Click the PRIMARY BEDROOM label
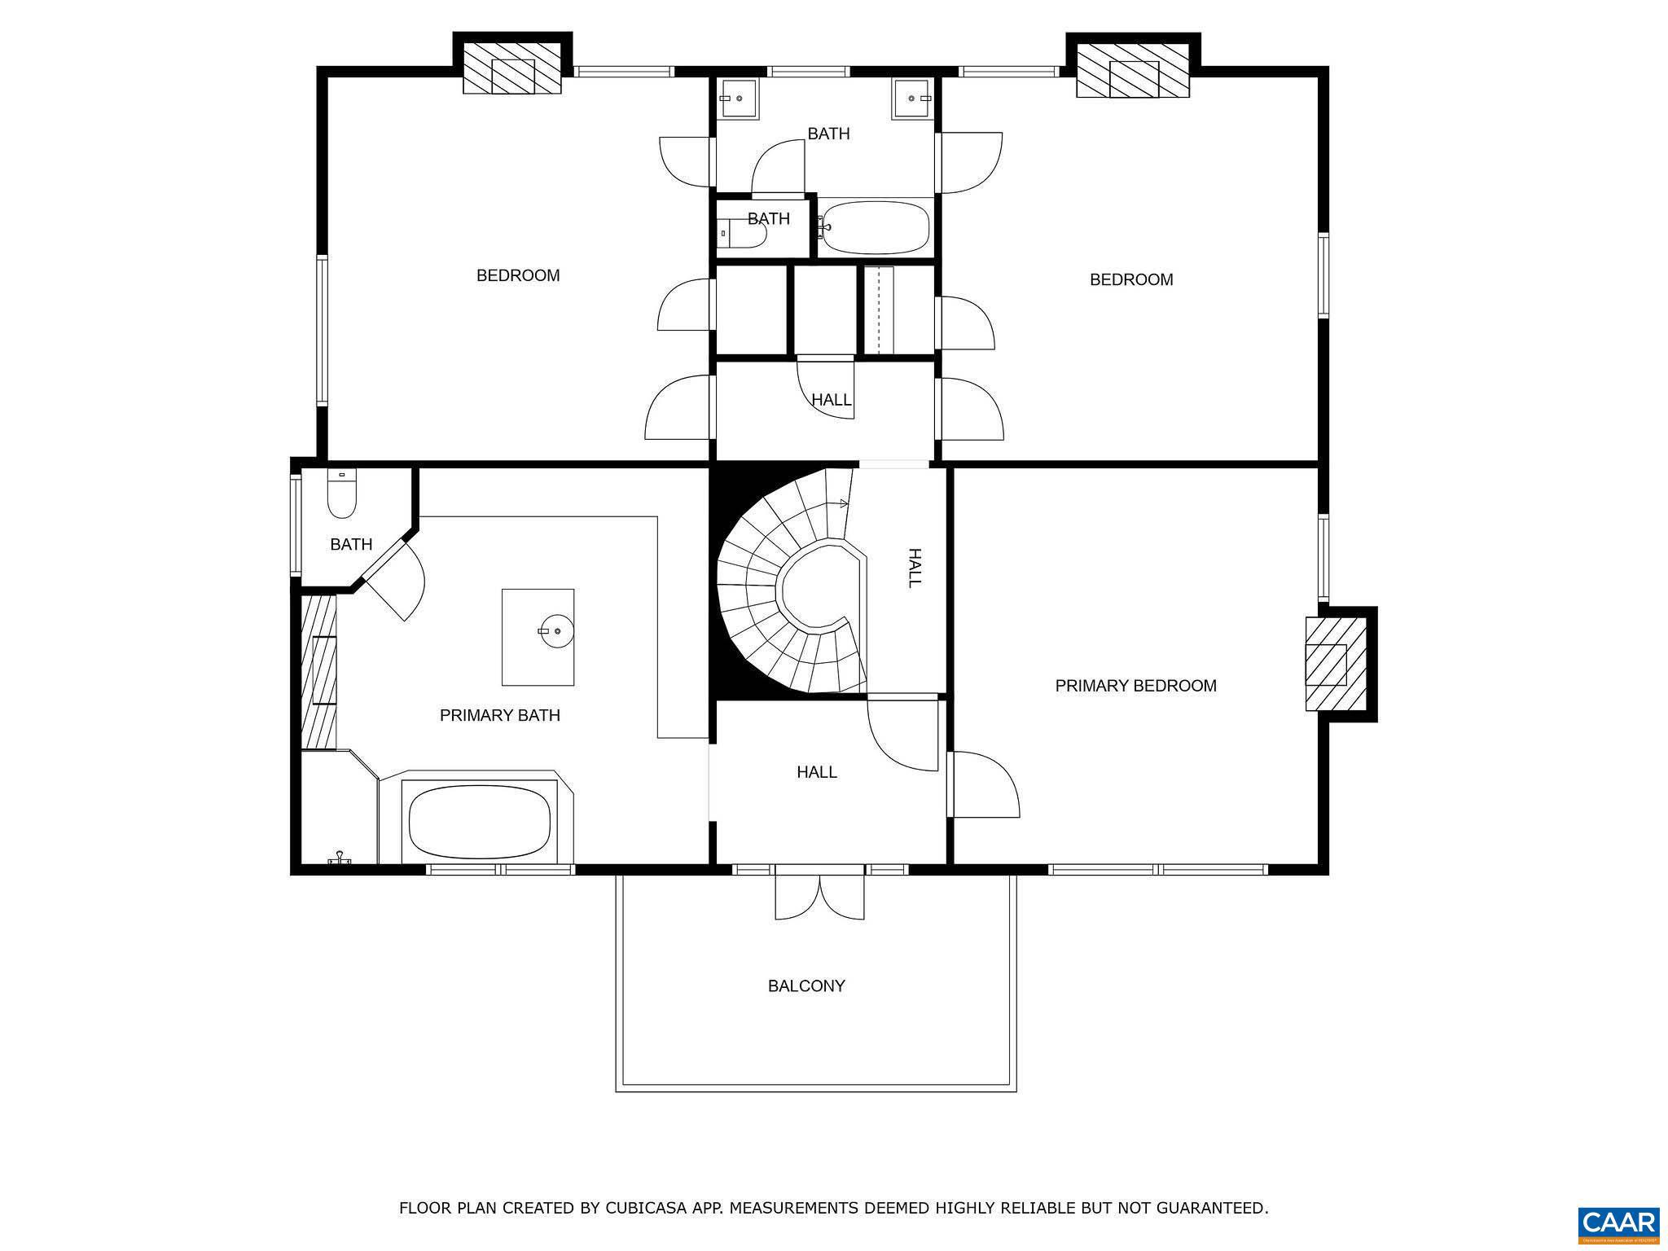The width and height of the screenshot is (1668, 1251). click(x=1135, y=686)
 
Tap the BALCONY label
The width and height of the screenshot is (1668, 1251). click(x=806, y=985)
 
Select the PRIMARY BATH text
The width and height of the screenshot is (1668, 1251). click(x=499, y=715)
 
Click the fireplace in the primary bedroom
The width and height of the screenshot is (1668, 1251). click(x=1336, y=664)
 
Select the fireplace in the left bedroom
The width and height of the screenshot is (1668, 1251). click(x=512, y=76)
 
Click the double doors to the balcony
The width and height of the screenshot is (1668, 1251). click(x=819, y=896)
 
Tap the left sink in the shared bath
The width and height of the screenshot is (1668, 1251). click(x=738, y=99)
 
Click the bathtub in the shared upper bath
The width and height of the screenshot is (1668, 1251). click(x=876, y=228)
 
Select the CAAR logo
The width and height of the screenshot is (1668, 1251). click(x=1618, y=1223)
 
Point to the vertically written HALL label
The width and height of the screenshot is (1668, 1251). click(x=914, y=568)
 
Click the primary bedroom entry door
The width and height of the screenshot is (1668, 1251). click(x=984, y=784)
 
